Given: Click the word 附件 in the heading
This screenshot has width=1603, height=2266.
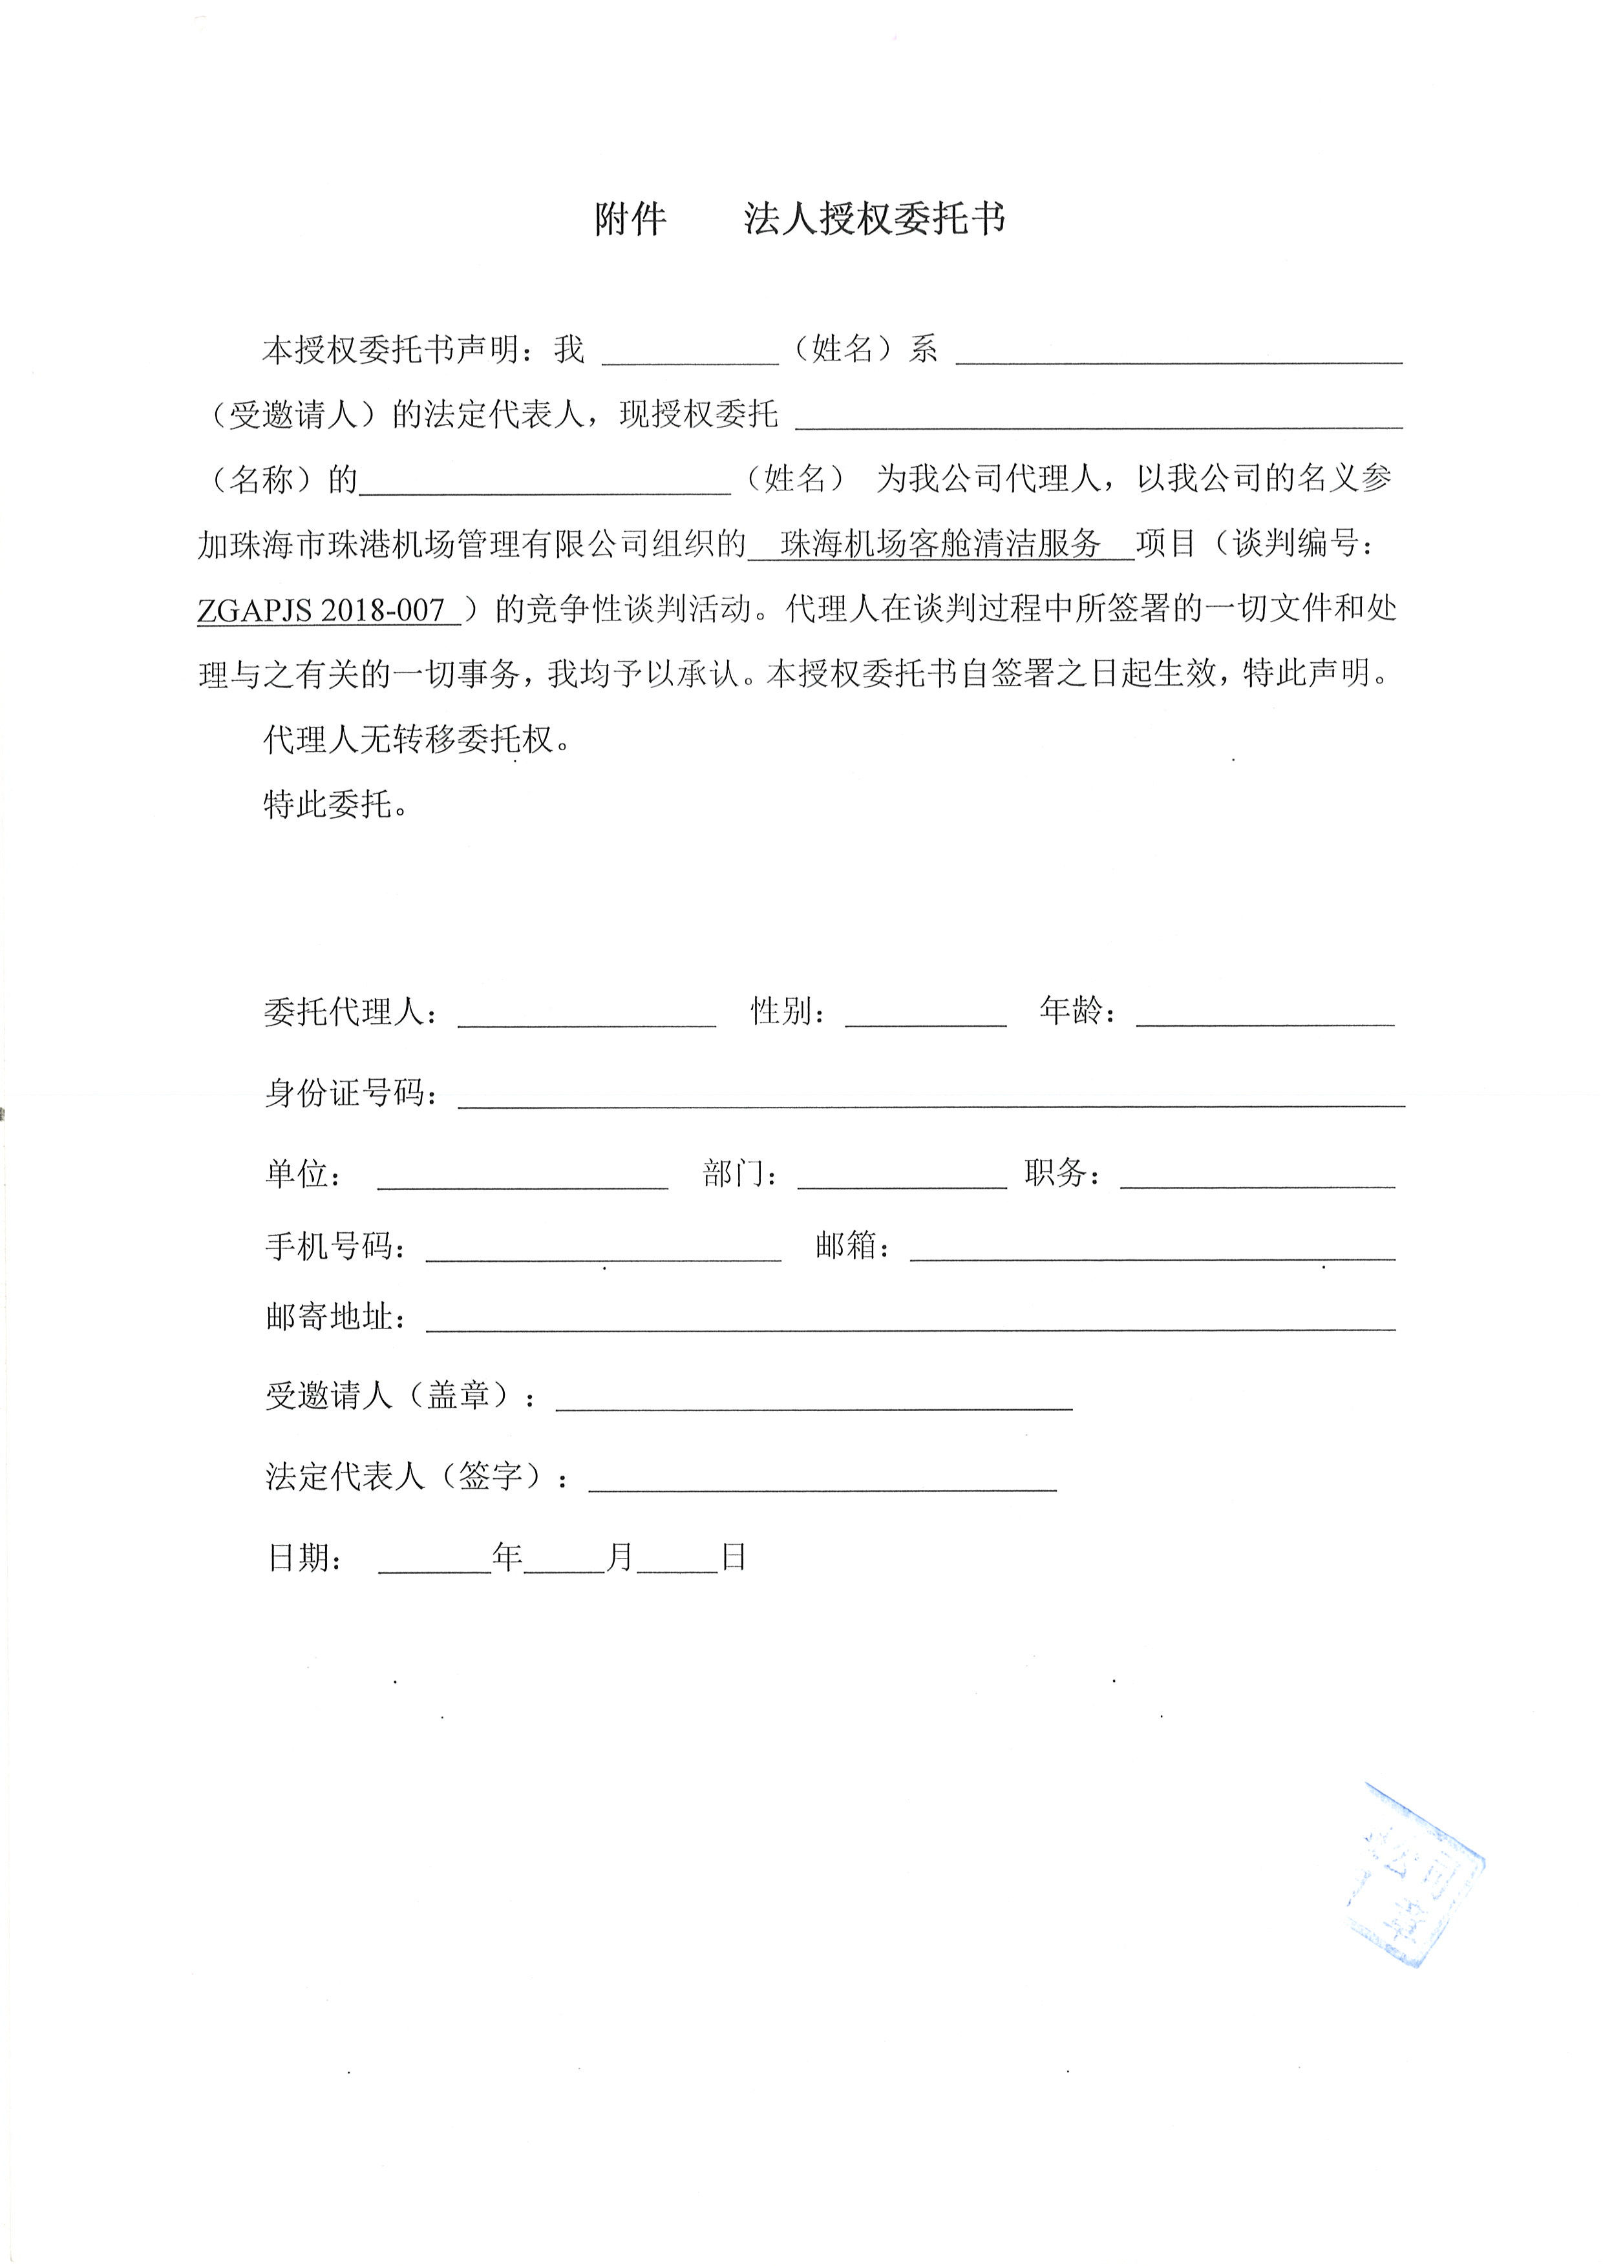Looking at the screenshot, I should (x=630, y=219).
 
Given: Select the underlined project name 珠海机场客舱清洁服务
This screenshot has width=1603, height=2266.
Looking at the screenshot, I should (x=940, y=544).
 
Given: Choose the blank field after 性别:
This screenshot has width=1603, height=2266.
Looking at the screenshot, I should (x=925, y=1014).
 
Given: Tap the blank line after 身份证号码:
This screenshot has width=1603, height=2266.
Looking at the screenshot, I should (x=930, y=1095).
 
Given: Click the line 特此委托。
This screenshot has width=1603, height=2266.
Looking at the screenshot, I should (x=335, y=805).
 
